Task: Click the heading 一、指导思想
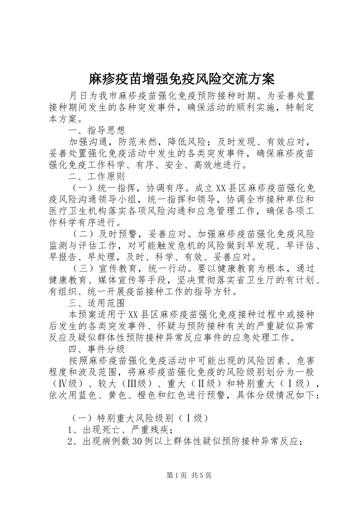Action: pos(97,131)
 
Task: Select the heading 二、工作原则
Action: pos(97,176)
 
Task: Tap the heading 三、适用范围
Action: pos(97,303)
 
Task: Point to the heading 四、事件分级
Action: pos(97,348)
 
